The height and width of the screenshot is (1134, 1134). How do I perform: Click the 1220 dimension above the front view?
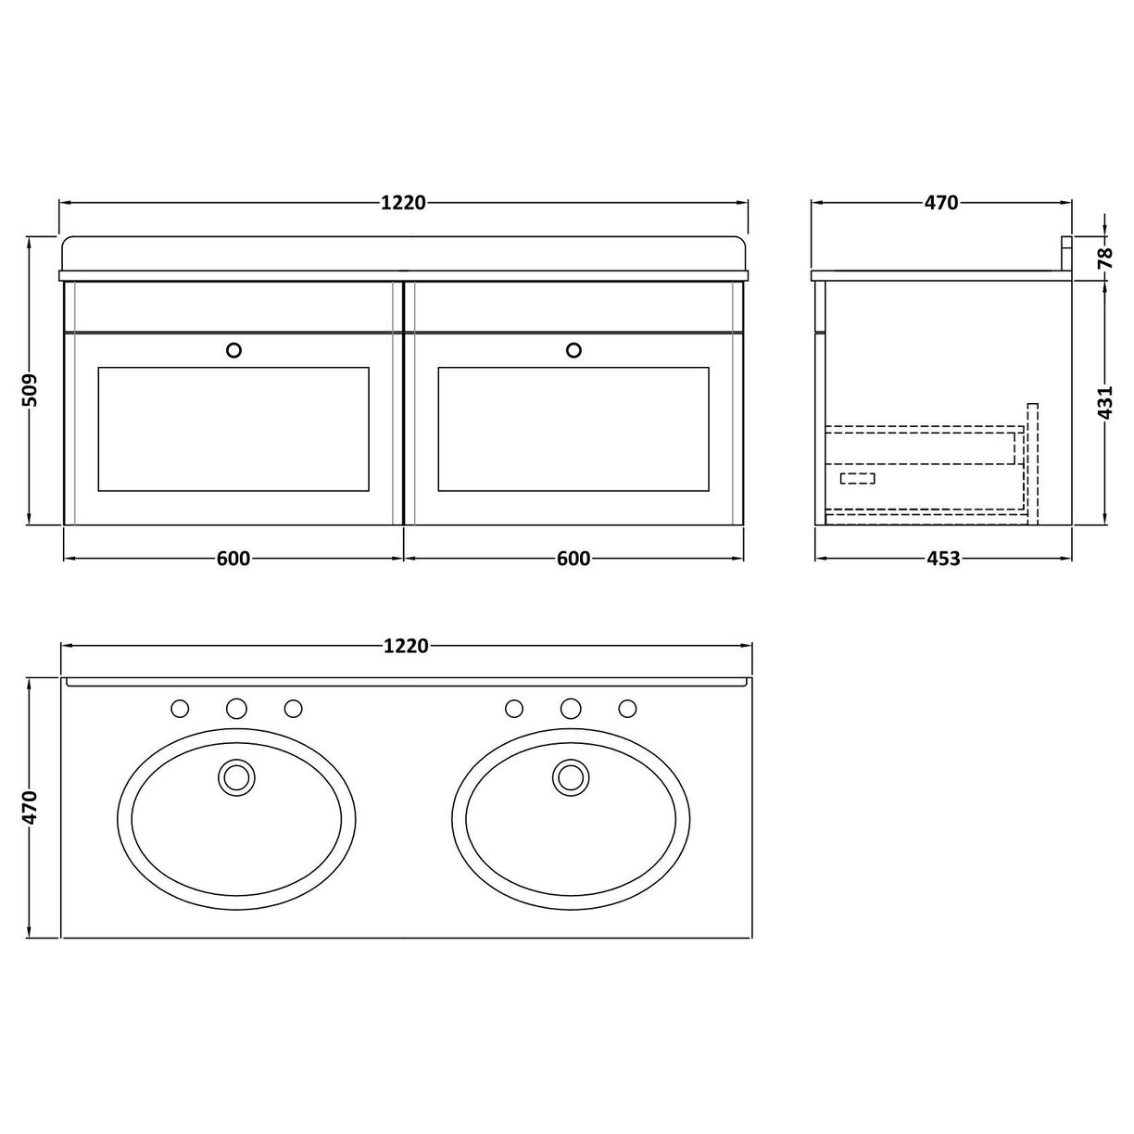tap(402, 202)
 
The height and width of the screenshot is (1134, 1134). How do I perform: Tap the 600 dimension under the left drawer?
tap(233, 558)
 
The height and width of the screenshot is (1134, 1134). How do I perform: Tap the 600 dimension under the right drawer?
tap(573, 558)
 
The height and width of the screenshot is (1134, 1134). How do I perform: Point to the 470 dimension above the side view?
tap(940, 202)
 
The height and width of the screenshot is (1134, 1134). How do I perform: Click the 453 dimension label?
tap(942, 558)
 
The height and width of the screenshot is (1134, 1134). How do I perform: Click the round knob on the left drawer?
tap(233, 349)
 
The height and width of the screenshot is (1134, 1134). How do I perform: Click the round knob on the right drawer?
tap(573, 349)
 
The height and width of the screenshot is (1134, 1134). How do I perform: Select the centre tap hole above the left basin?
tap(236, 709)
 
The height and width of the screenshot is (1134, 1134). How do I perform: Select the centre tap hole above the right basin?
tap(571, 709)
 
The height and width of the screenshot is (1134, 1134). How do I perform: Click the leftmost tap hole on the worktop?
tap(180, 709)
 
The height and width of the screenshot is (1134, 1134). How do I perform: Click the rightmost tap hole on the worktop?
tap(627, 709)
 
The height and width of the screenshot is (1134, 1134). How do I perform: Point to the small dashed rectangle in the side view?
tap(857, 478)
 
